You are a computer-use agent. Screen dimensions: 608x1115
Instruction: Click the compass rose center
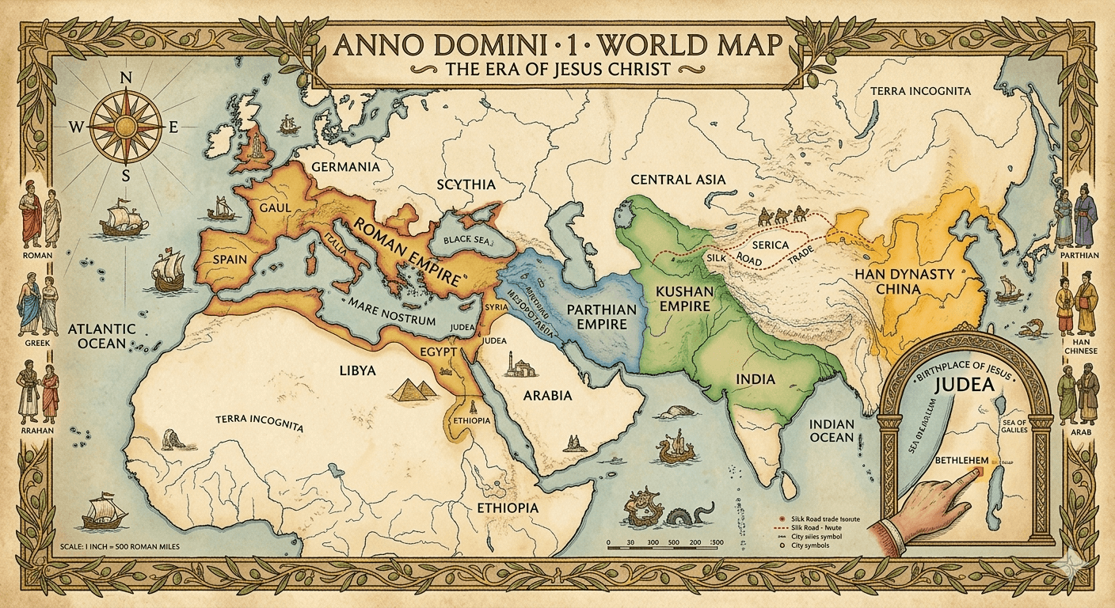125,125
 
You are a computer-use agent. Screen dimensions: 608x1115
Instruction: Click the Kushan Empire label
685,300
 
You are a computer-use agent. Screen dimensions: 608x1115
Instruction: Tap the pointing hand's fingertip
973,473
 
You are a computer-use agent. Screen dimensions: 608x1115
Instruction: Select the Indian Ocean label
831,431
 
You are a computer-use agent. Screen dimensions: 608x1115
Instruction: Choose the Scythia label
466,184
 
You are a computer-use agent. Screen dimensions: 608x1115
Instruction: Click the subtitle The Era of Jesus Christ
558,69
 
